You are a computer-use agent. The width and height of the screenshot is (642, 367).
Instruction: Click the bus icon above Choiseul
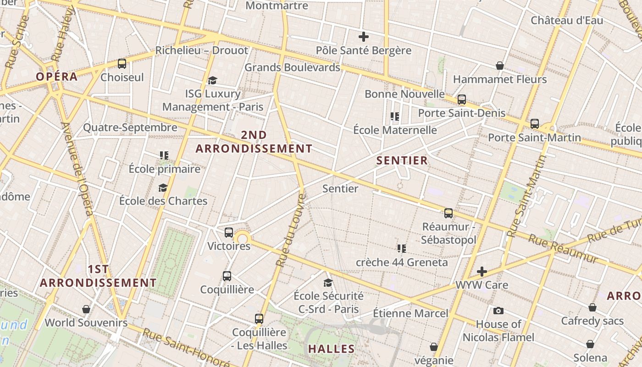click(122, 64)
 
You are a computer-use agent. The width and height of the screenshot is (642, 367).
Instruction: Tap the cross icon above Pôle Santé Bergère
click(364, 37)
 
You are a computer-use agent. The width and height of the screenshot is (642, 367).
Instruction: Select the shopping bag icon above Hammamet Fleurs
click(500, 66)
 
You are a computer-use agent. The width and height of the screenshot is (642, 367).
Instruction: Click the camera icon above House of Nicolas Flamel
click(498, 311)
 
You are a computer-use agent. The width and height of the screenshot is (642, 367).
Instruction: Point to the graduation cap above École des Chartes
click(163, 188)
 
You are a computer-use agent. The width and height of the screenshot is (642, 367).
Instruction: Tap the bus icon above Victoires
click(229, 233)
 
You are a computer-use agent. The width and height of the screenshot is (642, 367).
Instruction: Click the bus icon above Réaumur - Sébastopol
click(448, 213)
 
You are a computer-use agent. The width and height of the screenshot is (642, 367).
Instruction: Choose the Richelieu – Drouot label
click(202, 50)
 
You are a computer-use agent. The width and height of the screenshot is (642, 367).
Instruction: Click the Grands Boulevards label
click(292, 67)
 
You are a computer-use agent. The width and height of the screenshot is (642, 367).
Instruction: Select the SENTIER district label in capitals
click(402, 161)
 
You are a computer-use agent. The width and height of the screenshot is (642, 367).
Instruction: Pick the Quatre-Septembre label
click(130, 128)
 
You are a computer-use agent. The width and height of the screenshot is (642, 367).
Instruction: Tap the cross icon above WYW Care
click(481, 272)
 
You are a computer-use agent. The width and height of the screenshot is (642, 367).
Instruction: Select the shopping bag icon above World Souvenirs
click(86, 309)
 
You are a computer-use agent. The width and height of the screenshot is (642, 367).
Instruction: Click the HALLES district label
click(332, 349)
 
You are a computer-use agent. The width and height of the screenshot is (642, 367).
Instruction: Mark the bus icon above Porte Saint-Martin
click(534, 124)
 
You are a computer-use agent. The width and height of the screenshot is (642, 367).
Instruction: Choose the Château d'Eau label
click(567, 21)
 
